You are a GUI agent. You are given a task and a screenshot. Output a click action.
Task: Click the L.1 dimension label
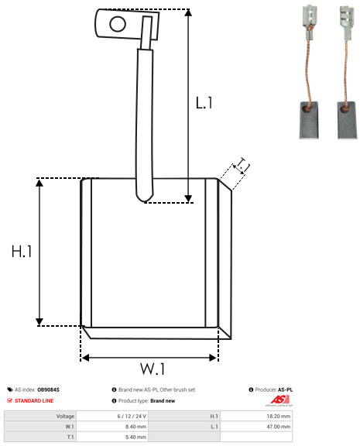pos(204,103)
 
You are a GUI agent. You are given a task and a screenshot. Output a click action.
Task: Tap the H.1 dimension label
pos(22,252)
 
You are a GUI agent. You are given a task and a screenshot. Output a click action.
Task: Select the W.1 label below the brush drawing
pos(153,369)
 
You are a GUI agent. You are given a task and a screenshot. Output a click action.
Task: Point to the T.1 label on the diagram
pos(242,166)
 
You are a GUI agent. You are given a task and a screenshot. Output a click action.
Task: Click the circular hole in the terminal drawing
pos(118,24)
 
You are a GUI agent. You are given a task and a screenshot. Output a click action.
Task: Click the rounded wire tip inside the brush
pos(145,197)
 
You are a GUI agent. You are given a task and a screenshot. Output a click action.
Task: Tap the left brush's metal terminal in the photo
pos(309,22)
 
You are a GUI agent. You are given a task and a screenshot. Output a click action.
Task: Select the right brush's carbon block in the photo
pos(347,120)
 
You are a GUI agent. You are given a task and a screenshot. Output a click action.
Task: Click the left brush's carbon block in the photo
pos(309,120)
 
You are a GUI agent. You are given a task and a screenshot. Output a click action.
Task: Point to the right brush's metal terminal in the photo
pos(346,23)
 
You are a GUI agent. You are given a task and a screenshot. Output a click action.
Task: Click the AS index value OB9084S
pos(48,389)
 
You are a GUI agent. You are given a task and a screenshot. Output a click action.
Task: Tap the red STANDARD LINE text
pos(34,401)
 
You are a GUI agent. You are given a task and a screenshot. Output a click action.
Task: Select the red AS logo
pos(279,400)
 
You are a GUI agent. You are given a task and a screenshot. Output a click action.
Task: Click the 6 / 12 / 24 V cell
pos(112,416)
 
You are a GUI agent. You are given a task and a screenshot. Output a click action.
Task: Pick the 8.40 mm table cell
pos(112,427)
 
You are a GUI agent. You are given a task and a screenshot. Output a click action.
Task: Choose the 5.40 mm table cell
pos(112,437)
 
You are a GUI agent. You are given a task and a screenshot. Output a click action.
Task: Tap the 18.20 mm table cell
pos(256,416)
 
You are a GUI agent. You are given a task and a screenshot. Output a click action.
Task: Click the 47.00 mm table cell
pos(256,427)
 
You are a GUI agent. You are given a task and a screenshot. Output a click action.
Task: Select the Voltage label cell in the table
pos(40,416)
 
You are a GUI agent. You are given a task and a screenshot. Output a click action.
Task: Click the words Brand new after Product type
pos(163,401)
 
